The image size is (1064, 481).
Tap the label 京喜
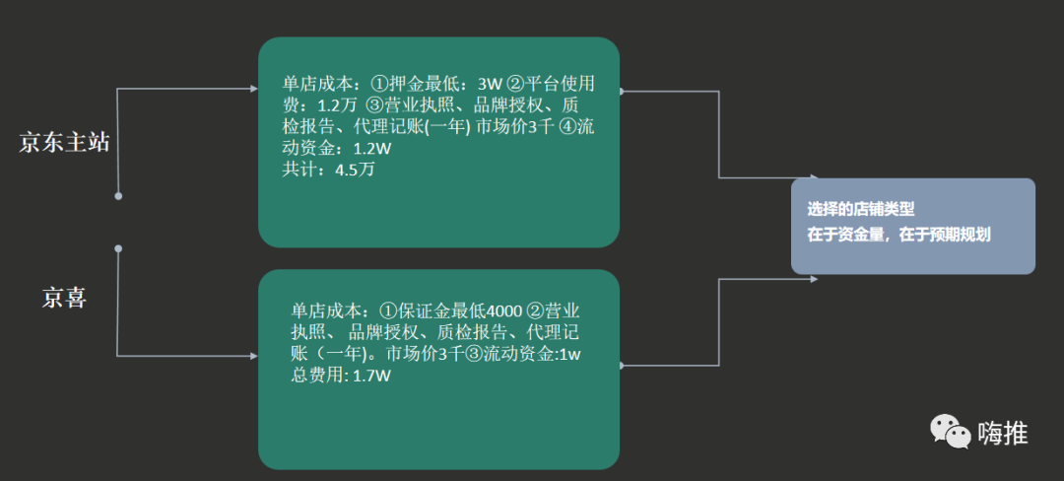coord(64,297)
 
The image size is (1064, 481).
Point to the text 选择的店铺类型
coord(861,209)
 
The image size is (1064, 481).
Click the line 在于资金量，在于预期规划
coord(898,235)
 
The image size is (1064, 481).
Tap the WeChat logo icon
coord(951,431)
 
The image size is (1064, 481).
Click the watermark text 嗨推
coord(1002,432)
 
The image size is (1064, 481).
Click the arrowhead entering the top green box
coord(250,89)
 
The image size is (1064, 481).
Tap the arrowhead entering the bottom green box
coord(250,355)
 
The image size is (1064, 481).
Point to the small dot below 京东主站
coord(118,196)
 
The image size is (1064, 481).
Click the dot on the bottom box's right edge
coord(621,365)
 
